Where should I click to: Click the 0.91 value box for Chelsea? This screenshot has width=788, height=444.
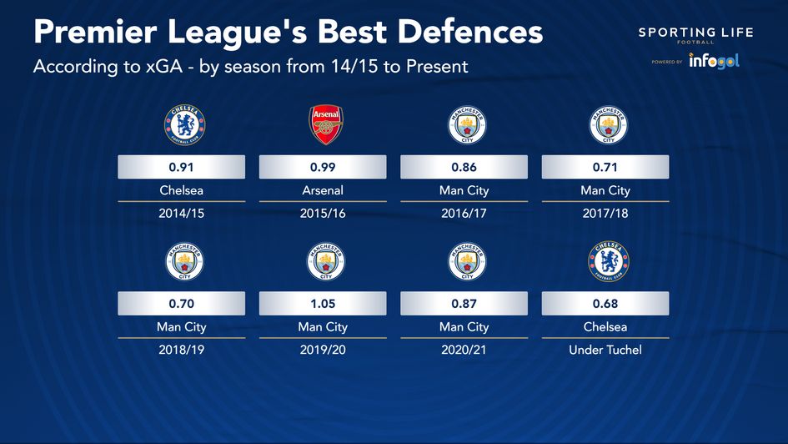click(x=181, y=168)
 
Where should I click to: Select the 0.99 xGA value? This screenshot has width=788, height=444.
click(x=323, y=168)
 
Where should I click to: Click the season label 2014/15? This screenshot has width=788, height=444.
click(x=181, y=213)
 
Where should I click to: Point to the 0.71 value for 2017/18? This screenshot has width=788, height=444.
click(x=605, y=168)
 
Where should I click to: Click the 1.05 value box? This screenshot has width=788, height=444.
click(x=323, y=304)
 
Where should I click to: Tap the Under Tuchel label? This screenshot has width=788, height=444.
click(x=605, y=350)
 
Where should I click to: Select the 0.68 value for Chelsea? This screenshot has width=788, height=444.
click(x=605, y=304)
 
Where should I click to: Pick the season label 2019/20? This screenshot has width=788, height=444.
click(x=323, y=350)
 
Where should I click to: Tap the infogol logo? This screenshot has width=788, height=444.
click(x=714, y=61)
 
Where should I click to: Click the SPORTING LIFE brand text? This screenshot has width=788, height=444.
click(x=695, y=33)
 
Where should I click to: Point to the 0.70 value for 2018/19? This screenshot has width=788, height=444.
click(x=181, y=304)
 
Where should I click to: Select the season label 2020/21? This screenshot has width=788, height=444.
click(x=464, y=350)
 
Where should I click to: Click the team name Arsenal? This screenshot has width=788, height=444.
click(x=323, y=190)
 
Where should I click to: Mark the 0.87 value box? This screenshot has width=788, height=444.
click(x=464, y=304)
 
